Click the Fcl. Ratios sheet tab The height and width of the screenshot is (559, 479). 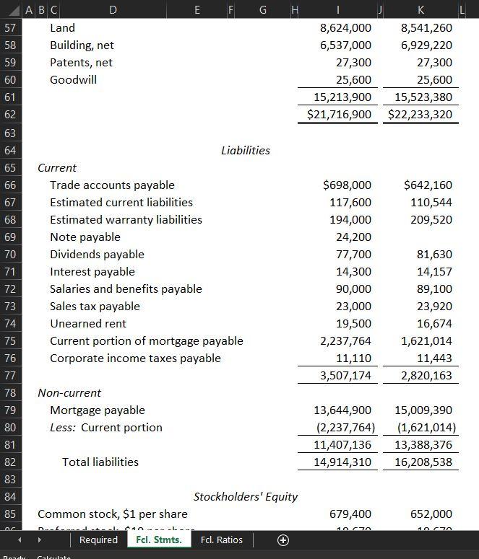click(x=221, y=540)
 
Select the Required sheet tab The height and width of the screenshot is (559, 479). click(x=98, y=540)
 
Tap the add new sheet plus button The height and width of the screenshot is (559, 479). click(x=282, y=540)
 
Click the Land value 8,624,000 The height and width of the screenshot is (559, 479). click(x=345, y=28)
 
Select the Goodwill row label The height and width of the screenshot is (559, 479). click(x=73, y=80)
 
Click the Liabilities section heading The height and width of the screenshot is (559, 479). click(x=246, y=151)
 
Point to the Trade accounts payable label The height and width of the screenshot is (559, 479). click(x=112, y=185)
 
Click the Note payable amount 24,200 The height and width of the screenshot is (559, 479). click(x=354, y=237)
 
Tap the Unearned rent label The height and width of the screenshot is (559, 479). click(x=87, y=324)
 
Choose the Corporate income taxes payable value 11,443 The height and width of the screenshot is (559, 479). click(x=435, y=358)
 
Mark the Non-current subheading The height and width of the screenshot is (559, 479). click(x=69, y=393)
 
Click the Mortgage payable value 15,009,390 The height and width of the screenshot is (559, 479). click(x=423, y=410)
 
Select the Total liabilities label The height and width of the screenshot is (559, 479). click(x=100, y=462)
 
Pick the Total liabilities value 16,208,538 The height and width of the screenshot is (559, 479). click(x=423, y=462)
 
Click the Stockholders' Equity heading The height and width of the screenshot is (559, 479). click(x=246, y=497)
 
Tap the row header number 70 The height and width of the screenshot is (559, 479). click(x=10, y=255)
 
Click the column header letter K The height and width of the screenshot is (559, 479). click(x=421, y=9)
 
